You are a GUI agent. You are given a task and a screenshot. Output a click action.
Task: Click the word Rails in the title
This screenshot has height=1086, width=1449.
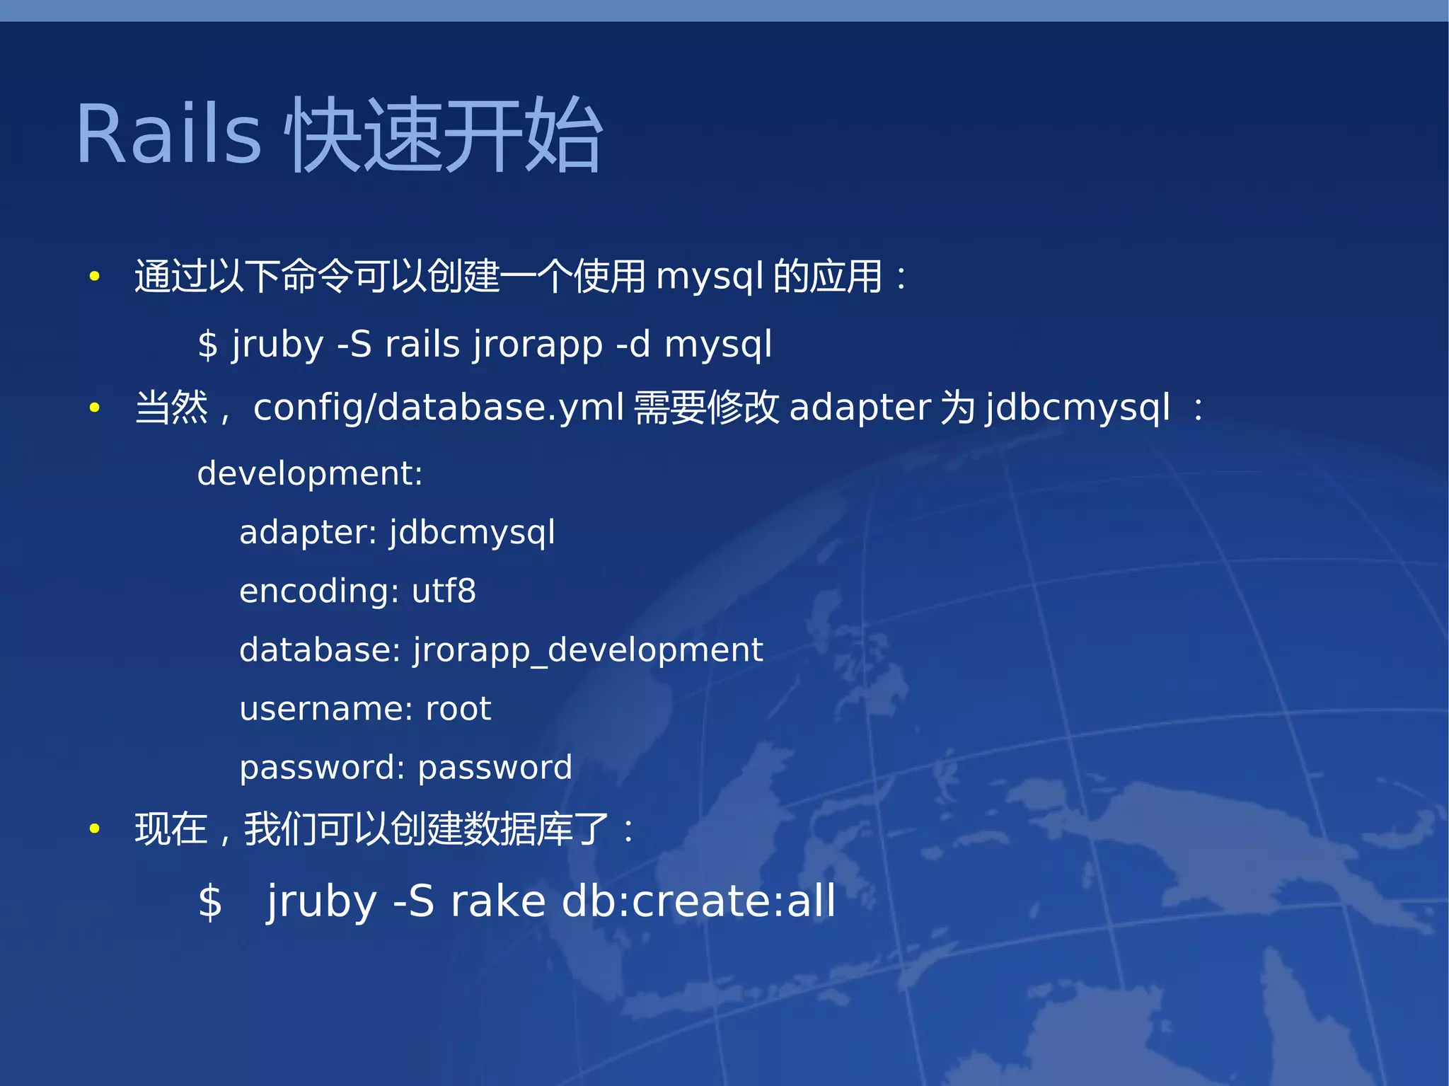pyautogui.click(x=168, y=134)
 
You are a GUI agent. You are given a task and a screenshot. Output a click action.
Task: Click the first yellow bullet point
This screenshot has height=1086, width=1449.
pyautogui.click(x=94, y=277)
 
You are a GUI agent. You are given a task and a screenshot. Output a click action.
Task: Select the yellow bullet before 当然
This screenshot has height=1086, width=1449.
pyautogui.click(x=94, y=408)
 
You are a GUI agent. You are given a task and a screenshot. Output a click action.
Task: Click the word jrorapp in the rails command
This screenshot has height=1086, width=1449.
pyautogui.click(x=538, y=345)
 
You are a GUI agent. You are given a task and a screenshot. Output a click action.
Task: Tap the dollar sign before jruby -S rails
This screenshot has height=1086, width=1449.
pyautogui.click(x=207, y=345)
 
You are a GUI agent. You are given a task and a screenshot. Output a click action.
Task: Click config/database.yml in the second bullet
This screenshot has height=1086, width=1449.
pyautogui.click(x=438, y=408)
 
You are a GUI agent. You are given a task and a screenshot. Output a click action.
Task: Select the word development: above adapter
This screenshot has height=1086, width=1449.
pyautogui.click(x=309, y=473)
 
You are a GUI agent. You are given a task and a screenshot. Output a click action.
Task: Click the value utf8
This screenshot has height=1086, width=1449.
pyautogui.click(x=444, y=591)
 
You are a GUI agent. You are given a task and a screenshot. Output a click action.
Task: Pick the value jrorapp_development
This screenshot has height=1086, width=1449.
pyautogui.click(x=587, y=650)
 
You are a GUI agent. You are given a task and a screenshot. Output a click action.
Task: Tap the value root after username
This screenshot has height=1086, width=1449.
pyautogui.click(x=458, y=709)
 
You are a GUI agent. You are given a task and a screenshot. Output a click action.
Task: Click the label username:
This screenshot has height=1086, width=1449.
pyautogui.click(x=325, y=709)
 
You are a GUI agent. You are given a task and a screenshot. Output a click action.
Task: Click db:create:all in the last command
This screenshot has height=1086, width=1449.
pyautogui.click(x=698, y=901)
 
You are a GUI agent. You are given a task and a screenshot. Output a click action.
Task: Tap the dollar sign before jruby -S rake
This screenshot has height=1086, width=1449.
pyautogui.click(x=209, y=903)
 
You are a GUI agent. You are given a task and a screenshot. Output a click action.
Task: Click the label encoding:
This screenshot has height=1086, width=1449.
pyautogui.click(x=318, y=591)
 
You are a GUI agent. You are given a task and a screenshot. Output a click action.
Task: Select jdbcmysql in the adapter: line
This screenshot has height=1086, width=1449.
pyautogui.click(x=472, y=533)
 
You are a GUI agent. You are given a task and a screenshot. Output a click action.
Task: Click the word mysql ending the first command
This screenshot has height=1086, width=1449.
pyautogui.click(x=717, y=345)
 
